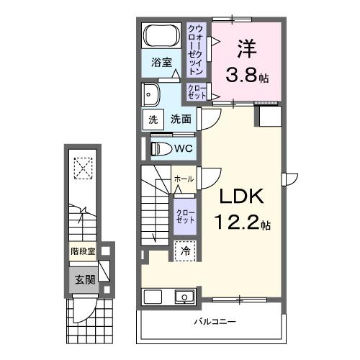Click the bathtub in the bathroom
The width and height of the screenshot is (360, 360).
161,35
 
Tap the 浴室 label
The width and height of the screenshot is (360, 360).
161,63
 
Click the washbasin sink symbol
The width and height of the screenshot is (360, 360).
151,94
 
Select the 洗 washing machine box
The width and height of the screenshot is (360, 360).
153,120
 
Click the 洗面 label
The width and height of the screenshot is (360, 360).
181,120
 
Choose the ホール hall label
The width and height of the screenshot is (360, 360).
183,179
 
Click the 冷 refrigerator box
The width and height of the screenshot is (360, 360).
184,251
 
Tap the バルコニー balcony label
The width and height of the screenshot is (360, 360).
214,321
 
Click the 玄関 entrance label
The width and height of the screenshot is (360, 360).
84,279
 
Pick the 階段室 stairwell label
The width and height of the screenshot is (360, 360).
84,252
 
